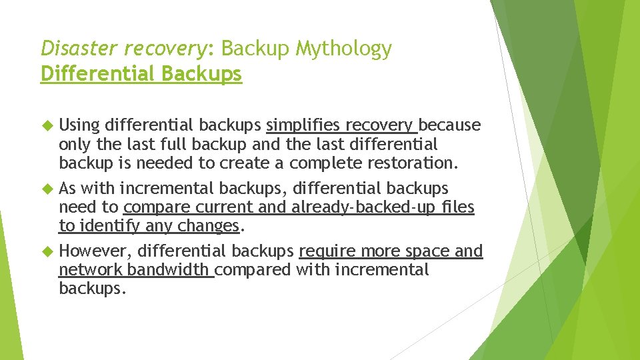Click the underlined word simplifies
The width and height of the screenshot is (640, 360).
pos(303,125)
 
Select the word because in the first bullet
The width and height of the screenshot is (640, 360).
pos(450,125)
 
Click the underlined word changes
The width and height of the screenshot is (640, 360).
pos(208,226)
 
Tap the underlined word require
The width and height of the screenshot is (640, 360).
pos(326,251)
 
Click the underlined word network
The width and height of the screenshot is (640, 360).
pos(90,270)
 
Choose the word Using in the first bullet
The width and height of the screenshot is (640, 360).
pos(79,125)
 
